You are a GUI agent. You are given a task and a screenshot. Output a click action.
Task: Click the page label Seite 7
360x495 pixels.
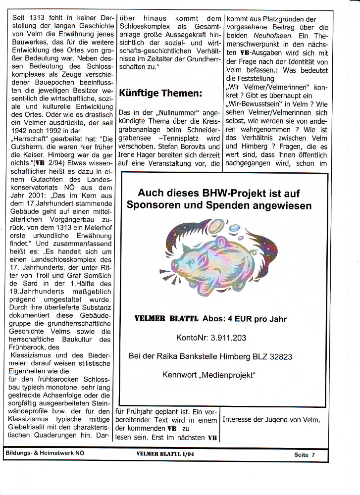coord(308,454)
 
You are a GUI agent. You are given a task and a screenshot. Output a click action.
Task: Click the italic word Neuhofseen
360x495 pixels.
coord(277,36)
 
